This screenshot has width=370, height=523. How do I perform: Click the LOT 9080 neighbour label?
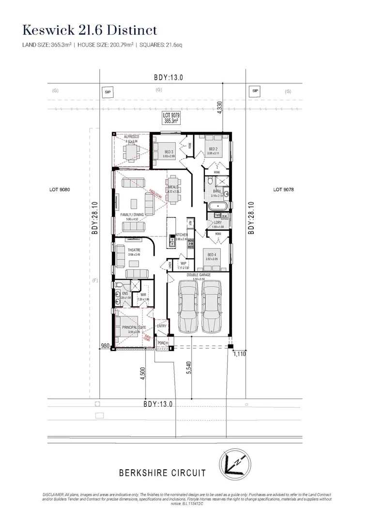tap(60, 190)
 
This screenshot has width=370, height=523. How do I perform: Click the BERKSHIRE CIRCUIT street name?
tap(162, 473)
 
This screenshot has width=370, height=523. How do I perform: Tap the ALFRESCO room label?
tap(132, 137)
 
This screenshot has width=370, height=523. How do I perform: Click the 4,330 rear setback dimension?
tap(220, 107)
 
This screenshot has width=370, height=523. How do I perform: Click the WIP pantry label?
tap(183, 263)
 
